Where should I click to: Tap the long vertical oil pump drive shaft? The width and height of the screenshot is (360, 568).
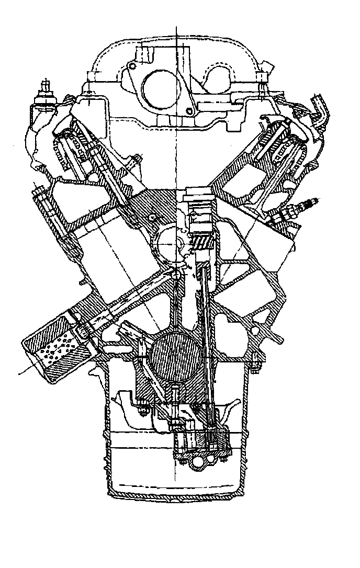207,340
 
